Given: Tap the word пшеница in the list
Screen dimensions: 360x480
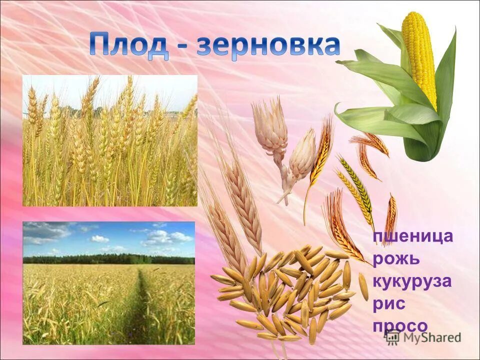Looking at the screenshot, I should (413, 236).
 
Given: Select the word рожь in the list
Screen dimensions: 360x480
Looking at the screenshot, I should (396, 259).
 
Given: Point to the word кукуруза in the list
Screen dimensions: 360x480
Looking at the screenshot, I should (412, 281).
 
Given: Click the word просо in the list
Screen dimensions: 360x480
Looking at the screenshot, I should (400, 326).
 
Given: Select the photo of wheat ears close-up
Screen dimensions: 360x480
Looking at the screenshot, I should (110, 140).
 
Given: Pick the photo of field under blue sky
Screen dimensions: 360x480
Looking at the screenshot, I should (108, 283).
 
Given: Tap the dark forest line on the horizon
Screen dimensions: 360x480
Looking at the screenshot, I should (108, 259).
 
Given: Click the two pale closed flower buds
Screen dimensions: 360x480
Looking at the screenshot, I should (285, 145).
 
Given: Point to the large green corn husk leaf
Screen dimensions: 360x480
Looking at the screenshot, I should (385, 80).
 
